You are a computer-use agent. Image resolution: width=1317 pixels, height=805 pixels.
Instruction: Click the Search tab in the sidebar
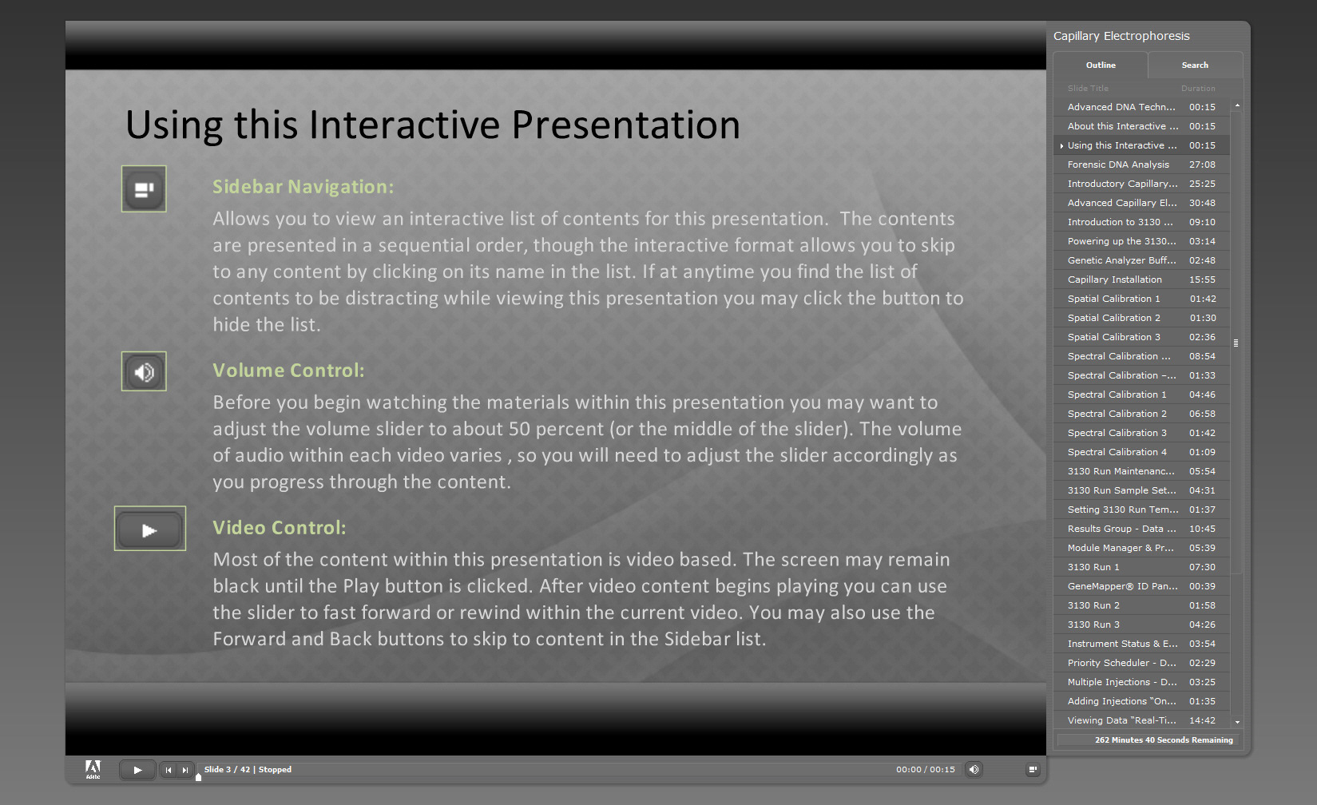[1195, 65]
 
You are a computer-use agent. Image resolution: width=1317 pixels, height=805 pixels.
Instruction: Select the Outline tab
[1101, 65]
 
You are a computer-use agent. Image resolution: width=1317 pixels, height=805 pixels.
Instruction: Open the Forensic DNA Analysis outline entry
[1118, 165]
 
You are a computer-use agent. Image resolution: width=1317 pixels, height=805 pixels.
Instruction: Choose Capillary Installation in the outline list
[1115, 280]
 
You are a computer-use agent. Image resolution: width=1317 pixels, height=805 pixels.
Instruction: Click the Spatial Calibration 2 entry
[1114, 318]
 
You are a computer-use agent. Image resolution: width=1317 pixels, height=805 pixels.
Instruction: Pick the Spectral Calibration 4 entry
[1117, 451]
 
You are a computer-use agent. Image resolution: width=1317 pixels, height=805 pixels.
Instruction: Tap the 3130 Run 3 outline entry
[1093, 625]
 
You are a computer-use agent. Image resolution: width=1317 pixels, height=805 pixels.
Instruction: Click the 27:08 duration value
[1202, 165]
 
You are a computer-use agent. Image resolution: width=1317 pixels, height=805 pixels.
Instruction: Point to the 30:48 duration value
[1202, 203]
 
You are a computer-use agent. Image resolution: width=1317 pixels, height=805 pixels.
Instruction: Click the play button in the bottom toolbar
[137, 770]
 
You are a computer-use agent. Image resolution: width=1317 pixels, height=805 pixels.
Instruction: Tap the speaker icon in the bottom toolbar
[974, 769]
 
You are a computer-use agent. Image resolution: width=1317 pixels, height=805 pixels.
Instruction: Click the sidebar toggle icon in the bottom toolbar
[1033, 769]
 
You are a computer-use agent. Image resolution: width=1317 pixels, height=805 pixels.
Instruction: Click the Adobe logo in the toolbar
[93, 769]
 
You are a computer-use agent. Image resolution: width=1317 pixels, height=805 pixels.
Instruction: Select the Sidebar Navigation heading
[303, 186]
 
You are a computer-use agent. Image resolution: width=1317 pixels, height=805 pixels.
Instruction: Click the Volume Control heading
[288, 371]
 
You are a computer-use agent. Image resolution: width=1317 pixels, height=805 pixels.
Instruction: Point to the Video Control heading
[280, 527]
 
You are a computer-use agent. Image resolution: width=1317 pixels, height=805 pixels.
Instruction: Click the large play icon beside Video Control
[150, 529]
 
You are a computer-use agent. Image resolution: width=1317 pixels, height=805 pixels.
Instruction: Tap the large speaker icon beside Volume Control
[144, 371]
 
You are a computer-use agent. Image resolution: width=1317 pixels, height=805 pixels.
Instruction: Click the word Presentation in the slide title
[625, 125]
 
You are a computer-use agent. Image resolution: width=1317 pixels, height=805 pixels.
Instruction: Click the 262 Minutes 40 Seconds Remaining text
[1164, 740]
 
